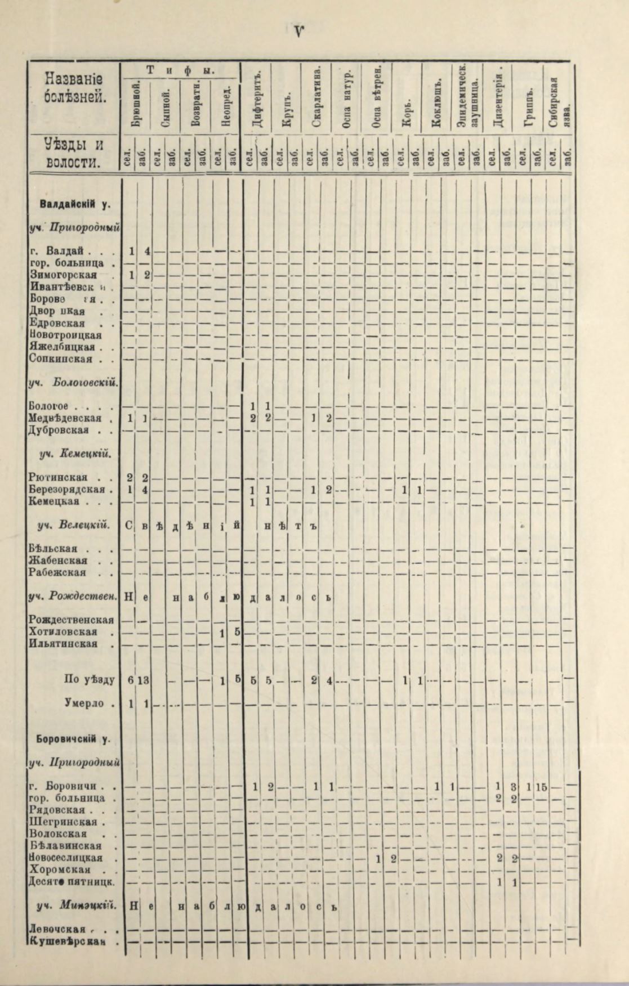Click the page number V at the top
[x=298, y=32]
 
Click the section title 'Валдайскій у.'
[x=74, y=204]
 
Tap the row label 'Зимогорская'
[x=63, y=275]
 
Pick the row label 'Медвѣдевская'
[x=65, y=418]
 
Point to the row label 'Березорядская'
[x=67, y=489]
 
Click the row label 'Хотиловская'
[x=63, y=632]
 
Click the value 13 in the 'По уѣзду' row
[x=143, y=680]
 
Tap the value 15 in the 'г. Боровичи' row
[x=541, y=787]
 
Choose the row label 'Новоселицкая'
[x=65, y=858]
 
